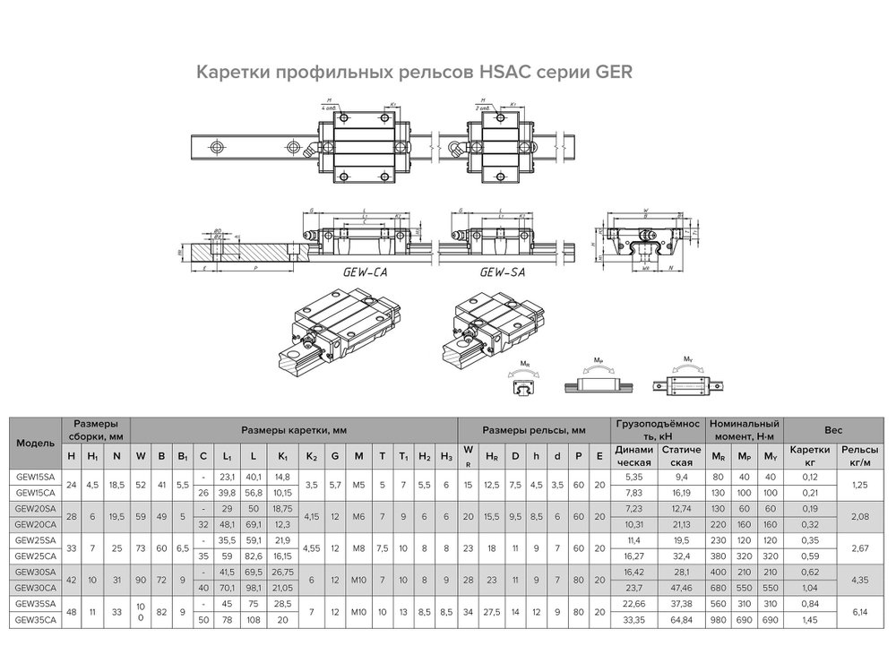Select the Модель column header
pos(35,443)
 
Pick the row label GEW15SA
pos(35,478)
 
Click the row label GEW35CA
pos(35,618)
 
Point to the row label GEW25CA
pos(35,556)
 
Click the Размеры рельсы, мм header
pos(533,430)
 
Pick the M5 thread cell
pos(358,485)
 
